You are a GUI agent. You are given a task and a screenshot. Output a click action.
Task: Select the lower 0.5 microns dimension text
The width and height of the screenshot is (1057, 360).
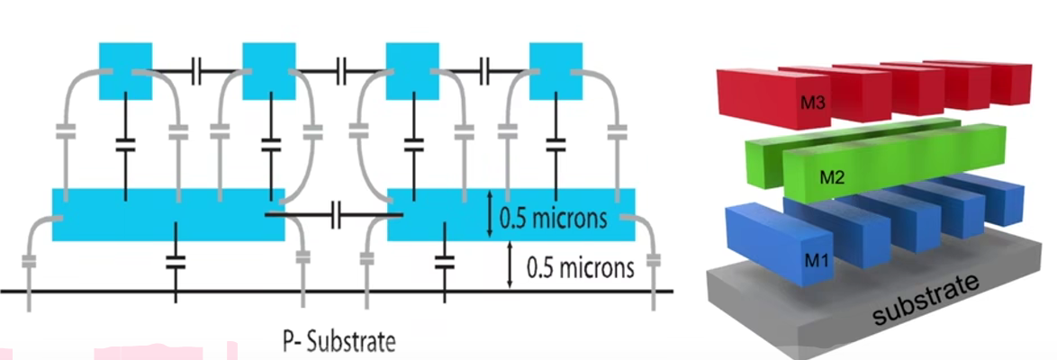pos(580,267)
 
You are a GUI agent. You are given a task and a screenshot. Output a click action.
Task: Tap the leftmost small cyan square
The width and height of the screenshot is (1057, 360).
pos(125,71)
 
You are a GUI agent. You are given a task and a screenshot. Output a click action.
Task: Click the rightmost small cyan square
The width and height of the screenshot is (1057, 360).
pos(556,71)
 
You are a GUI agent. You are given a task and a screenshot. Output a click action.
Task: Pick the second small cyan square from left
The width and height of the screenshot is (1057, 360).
pos(269,71)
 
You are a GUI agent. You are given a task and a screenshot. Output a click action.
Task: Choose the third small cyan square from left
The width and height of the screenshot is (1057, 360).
pos(412,71)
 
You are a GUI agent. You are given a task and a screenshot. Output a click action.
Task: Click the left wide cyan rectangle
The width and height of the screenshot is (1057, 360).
pos(168,214)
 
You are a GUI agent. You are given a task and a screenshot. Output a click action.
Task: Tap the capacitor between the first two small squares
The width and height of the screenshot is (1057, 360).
pos(197,68)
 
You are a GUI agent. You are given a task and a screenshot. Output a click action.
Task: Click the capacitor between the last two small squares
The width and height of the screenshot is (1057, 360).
pos(484,68)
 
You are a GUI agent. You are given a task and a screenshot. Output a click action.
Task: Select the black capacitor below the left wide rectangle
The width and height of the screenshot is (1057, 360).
pos(176,261)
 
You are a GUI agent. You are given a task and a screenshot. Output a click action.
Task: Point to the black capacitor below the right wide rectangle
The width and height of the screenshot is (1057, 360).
pos(443,261)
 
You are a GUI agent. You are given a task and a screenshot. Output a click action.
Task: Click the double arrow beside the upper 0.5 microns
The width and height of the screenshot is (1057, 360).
pos(489,214)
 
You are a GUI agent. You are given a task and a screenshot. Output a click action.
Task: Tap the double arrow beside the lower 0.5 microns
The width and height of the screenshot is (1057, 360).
pos(510,265)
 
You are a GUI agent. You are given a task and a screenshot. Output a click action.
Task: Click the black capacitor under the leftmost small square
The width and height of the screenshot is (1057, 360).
pos(125,143)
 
